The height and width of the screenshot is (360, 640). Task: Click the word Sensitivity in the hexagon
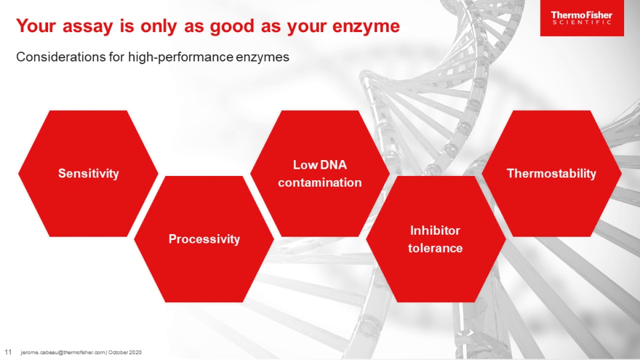[x=88, y=173]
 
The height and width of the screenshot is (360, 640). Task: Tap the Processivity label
[x=204, y=239]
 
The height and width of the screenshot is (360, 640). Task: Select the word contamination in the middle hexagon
[x=319, y=182]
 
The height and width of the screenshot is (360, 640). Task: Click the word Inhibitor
[x=435, y=230]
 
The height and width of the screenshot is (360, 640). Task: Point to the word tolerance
[x=435, y=248]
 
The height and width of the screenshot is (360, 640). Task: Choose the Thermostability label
[x=551, y=173]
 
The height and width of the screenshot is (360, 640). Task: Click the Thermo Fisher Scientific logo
[x=581, y=18]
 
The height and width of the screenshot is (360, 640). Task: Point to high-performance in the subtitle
[x=180, y=57]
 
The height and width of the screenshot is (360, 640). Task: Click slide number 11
[x=8, y=352]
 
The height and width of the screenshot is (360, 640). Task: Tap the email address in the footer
[x=62, y=352]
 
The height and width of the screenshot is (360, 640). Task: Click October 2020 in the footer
[x=125, y=352]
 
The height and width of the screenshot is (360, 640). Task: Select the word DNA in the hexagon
[x=333, y=165]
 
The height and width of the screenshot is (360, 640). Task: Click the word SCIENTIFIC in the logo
[x=581, y=23]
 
